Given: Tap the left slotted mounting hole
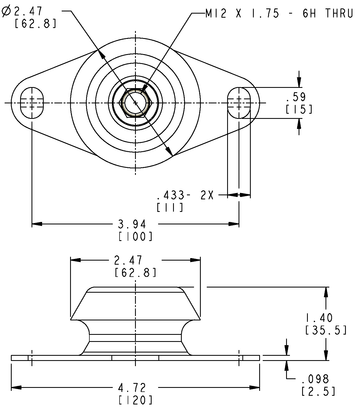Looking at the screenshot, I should (x=32, y=103).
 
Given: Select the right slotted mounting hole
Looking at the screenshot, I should (x=239, y=103).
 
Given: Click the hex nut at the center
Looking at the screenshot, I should (x=135, y=103).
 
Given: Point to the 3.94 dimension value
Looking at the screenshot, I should (x=132, y=224).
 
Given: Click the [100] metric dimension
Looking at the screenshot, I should (x=136, y=236).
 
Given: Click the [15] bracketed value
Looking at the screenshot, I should (x=299, y=109).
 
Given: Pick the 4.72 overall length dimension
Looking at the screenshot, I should (x=132, y=387).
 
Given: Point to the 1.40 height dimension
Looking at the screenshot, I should (x=319, y=318).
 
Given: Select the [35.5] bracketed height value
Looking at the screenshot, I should (x=326, y=330).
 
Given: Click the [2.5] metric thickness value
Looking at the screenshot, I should (x=318, y=391).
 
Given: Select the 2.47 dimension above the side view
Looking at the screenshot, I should (x=128, y=260).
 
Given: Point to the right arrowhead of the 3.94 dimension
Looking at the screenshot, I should (x=234, y=224).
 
